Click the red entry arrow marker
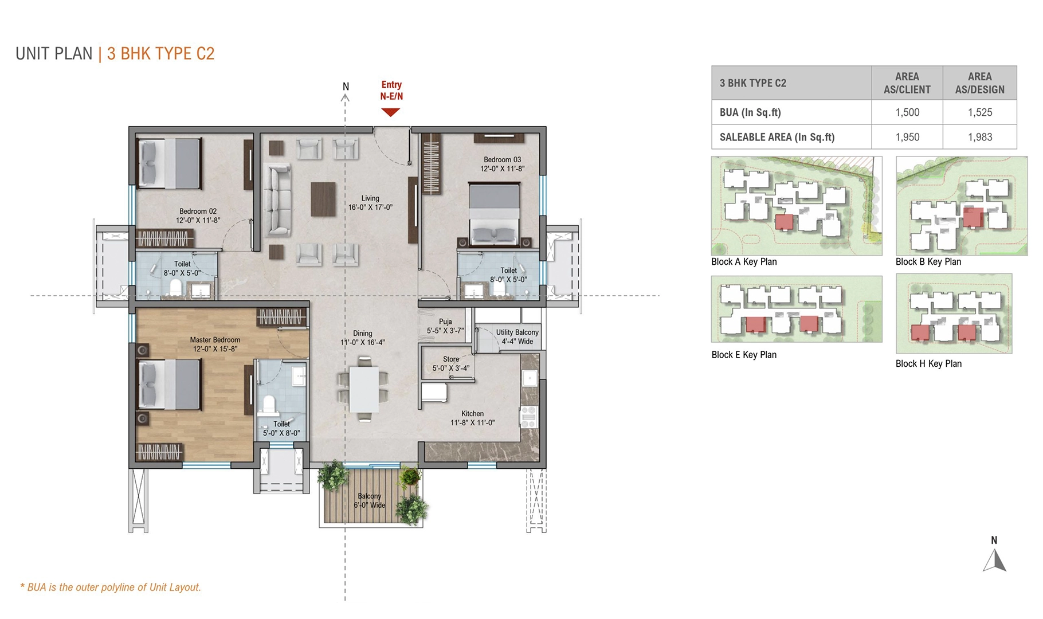[390, 112]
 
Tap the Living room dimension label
[370, 207]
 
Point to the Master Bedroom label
[215, 340]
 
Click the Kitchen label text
[472, 414]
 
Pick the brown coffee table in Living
[323, 199]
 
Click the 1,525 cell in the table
[979, 112]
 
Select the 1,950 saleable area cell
[907, 137]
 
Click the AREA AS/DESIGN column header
[979, 83]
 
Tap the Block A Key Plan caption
[744, 262]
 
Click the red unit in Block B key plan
[973, 217]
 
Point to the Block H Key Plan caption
[928, 364]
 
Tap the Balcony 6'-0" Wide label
[370, 500]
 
